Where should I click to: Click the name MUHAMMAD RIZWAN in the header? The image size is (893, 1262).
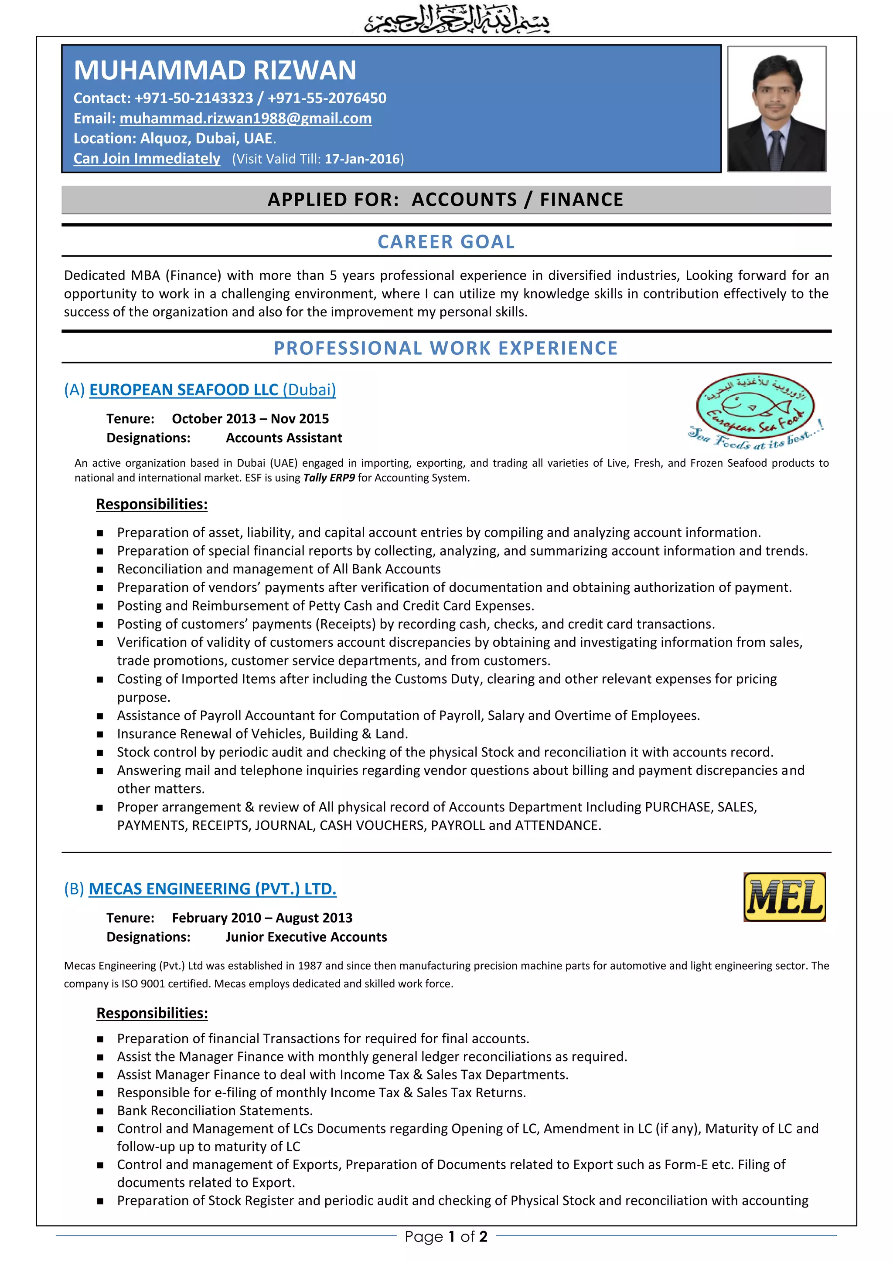coord(215,70)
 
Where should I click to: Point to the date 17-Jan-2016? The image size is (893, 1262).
coord(362,159)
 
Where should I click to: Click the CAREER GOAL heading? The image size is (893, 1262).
coord(446,242)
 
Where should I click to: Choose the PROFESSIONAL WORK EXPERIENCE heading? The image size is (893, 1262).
coord(446,348)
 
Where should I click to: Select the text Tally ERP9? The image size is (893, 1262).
coord(329,478)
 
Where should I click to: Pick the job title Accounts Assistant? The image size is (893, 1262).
coord(284,438)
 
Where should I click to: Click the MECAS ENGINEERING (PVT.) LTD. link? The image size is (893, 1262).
coord(212,889)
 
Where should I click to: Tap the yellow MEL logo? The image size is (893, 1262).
coord(784,897)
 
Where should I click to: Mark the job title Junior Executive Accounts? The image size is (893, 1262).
coord(306,937)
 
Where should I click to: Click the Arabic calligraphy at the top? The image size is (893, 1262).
coord(457,19)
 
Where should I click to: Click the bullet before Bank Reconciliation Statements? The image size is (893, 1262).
coord(100,1111)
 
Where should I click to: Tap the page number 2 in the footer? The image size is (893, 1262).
coord(483,1236)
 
